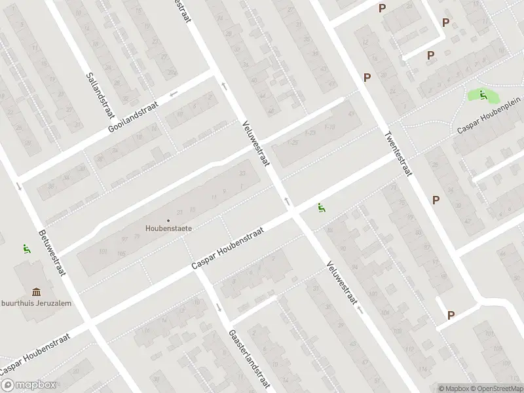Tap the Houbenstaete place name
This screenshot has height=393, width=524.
[x=169, y=229]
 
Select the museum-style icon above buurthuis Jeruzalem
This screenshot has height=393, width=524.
[x=35, y=292]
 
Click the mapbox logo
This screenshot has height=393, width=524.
[x=29, y=385]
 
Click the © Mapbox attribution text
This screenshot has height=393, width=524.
[x=453, y=388]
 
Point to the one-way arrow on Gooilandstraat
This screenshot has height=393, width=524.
[x=174, y=94]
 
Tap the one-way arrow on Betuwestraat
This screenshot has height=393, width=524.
[x=18, y=187]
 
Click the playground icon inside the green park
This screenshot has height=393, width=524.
[x=483, y=96]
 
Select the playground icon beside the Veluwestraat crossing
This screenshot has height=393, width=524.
[x=321, y=208]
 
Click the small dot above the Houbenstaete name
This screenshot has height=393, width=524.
[x=169, y=220]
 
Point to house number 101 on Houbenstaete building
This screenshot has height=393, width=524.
[x=102, y=251]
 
